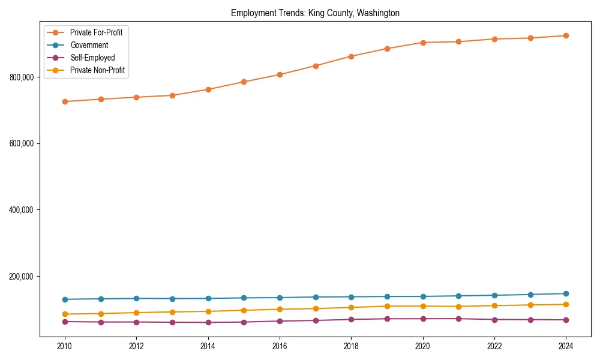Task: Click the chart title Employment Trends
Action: [x=315, y=13]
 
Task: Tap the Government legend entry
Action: [x=89, y=45]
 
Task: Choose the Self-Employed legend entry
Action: [x=92, y=58]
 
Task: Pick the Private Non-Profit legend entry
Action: [x=98, y=70]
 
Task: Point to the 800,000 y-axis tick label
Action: [x=22, y=77]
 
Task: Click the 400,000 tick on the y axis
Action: [x=22, y=210]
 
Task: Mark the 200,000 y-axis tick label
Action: [x=22, y=277]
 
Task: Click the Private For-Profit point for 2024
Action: [x=566, y=36]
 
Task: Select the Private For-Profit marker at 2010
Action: [x=65, y=101]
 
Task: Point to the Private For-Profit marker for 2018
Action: [x=351, y=56]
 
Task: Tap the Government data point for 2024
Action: [x=566, y=293]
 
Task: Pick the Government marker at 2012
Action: [x=136, y=298]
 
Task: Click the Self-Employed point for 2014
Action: [x=208, y=322]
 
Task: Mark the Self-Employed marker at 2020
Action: [x=423, y=319]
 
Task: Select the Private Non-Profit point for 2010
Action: [x=65, y=314]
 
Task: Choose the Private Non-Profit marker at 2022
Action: [x=494, y=305]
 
